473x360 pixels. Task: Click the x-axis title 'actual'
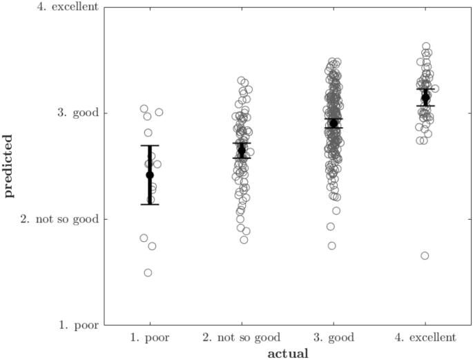[x=287, y=353]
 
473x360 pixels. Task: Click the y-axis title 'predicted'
[x=9, y=166]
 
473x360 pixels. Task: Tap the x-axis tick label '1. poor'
[x=150, y=337]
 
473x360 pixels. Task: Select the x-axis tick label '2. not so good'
[x=242, y=337]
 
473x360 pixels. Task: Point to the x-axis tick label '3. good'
[x=334, y=337]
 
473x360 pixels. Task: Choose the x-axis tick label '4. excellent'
[x=425, y=337]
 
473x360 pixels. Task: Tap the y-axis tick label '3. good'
[x=77, y=113]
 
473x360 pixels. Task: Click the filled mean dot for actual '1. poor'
[x=150, y=175]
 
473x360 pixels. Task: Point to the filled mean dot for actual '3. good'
[x=334, y=123]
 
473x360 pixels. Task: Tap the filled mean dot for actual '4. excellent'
[x=425, y=97]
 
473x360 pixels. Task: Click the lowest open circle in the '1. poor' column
[x=148, y=272]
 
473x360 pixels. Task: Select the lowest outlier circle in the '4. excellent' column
[x=425, y=256]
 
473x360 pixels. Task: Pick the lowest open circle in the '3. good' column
[x=331, y=245]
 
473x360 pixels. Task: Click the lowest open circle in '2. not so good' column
[x=244, y=240]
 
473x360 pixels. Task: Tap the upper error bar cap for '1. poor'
[x=150, y=146]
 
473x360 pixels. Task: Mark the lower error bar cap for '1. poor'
[x=150, y=205]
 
